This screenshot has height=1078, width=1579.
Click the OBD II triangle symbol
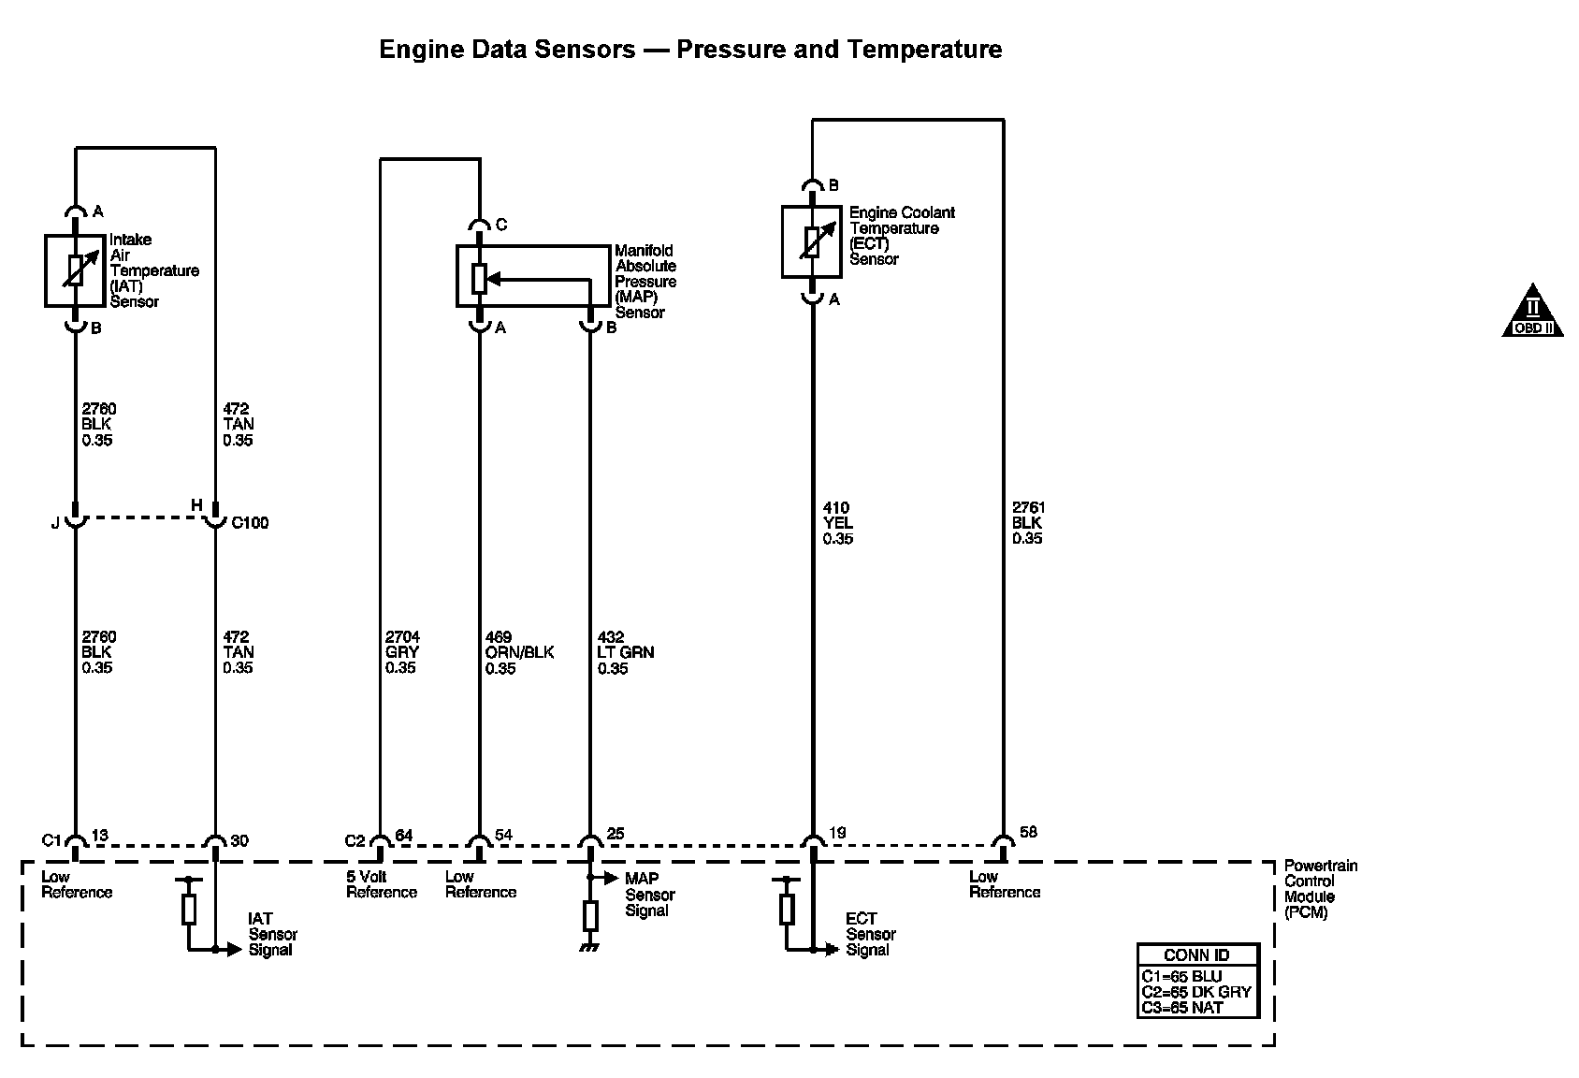tap(1532, 312)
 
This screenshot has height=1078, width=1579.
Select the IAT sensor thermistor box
tap(76, 270)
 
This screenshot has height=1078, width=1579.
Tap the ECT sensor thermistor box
tap(812, 241)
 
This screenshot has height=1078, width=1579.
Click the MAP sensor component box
tap(531, 276)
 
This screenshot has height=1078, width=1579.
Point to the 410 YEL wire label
tap(838, 523)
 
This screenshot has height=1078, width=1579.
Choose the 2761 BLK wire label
tap(1027, 523)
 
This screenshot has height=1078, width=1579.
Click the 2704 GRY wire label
tap(401, 652)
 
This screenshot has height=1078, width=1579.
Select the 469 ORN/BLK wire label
tap(519, 652)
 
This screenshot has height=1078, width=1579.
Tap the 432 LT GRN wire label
tap(626, 652)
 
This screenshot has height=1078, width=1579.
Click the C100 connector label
tap(250, 523)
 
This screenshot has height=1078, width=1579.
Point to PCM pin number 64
tap(404, 835)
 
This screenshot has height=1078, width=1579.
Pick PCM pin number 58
tap(1028, 832)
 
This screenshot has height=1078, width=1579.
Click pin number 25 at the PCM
tap(615, 835)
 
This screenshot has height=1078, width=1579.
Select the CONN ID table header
tap(1196, 955)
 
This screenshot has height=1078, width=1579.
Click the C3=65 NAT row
tap(1182, 1008)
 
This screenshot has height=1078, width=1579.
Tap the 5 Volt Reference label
tap(381, 884)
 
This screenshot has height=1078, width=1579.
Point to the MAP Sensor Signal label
tap(649, 895)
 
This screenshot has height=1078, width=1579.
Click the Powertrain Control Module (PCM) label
tap(1320, 889)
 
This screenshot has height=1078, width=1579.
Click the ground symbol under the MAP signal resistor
tap(590, 948)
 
